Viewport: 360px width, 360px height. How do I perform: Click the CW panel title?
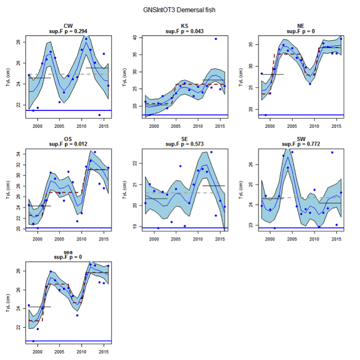(x=68, y=26)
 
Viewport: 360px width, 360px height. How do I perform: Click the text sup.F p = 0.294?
(x=68, y=31)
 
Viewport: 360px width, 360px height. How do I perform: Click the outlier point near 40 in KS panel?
(x=216, y=39)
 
